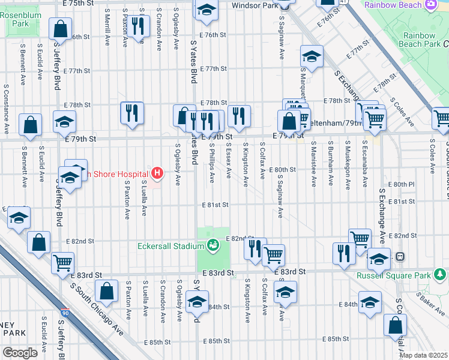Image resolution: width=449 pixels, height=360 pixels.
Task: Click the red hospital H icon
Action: coord(157,174)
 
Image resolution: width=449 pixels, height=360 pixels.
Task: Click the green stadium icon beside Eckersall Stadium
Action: coord(212,244)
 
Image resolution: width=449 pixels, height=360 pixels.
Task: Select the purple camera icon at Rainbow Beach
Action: coord(430,5)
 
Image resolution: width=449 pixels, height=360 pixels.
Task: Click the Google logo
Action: coord(19,352)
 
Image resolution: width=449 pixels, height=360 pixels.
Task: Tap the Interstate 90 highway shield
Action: coord(65,313)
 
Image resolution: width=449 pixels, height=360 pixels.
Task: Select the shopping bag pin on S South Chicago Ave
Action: coord(106,292)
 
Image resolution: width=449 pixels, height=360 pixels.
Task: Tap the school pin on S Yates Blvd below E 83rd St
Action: coord(197,303)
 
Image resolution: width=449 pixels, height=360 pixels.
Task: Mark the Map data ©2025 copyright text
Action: coord(423,355)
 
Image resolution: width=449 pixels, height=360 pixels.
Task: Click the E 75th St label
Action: coord(79,3)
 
